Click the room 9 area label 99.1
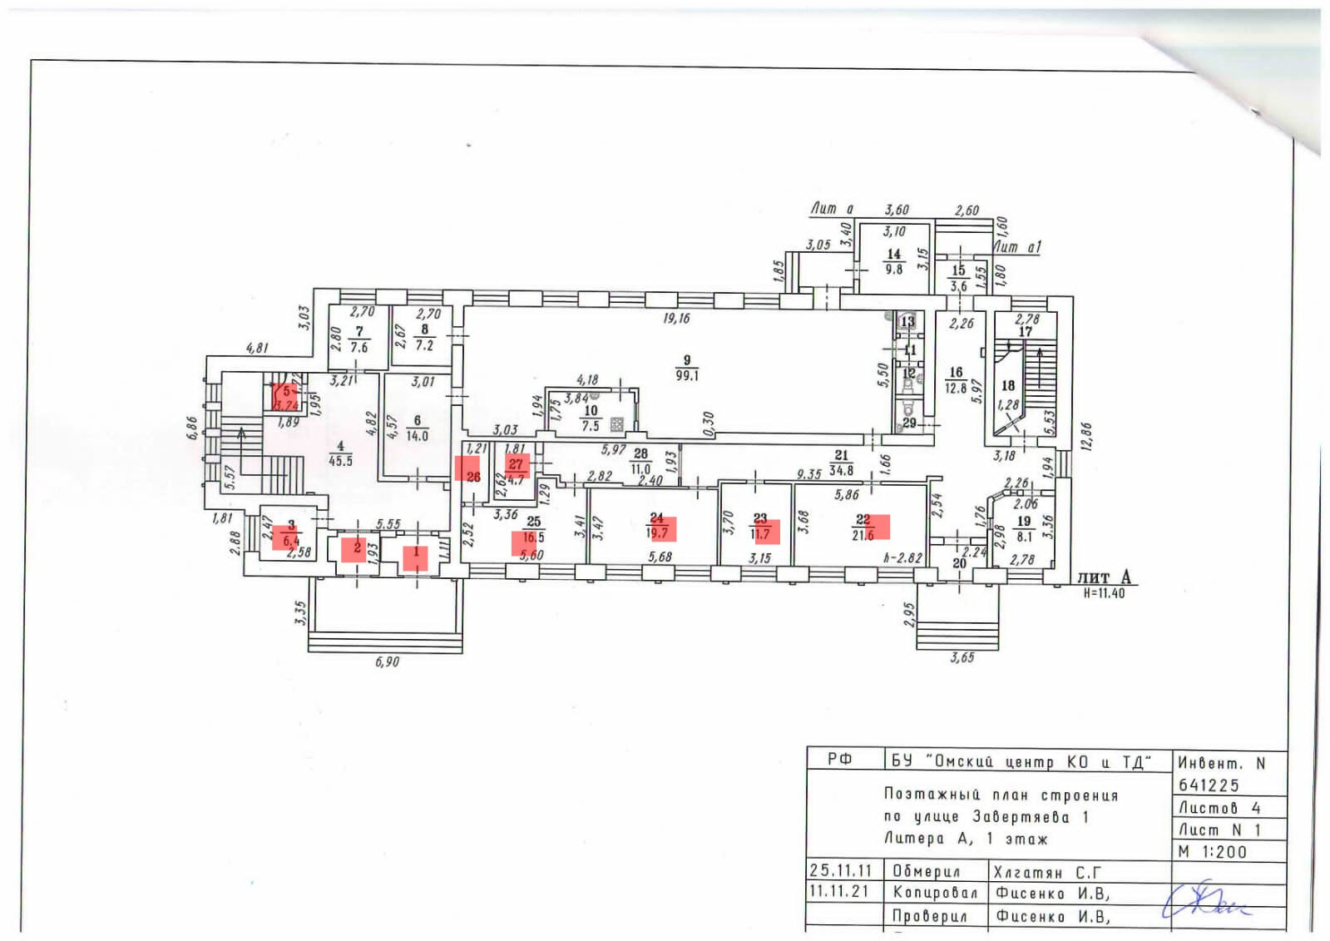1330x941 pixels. click(687, 376)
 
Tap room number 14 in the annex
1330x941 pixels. click(893, 254)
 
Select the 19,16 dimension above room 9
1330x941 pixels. click(676, 318)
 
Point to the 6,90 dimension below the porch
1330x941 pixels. click(387, 662)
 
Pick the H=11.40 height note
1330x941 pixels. click(1104, 594)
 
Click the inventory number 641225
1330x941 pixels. click(1209, 785)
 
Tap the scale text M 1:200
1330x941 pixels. click(1213, 852)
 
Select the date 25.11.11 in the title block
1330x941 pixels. click(840, 871)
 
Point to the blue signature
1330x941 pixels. click(1206, 901)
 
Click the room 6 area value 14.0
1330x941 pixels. click(417, 436)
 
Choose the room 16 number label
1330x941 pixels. click(956, 373)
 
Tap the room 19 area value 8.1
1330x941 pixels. click(1024, 537)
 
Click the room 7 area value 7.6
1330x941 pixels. click(359, 347)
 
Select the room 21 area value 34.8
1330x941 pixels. click(841, 471)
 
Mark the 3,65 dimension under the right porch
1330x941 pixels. click(962, 658)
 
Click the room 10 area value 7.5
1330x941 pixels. click(591, 426)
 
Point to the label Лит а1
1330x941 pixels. click(1016, 247)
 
